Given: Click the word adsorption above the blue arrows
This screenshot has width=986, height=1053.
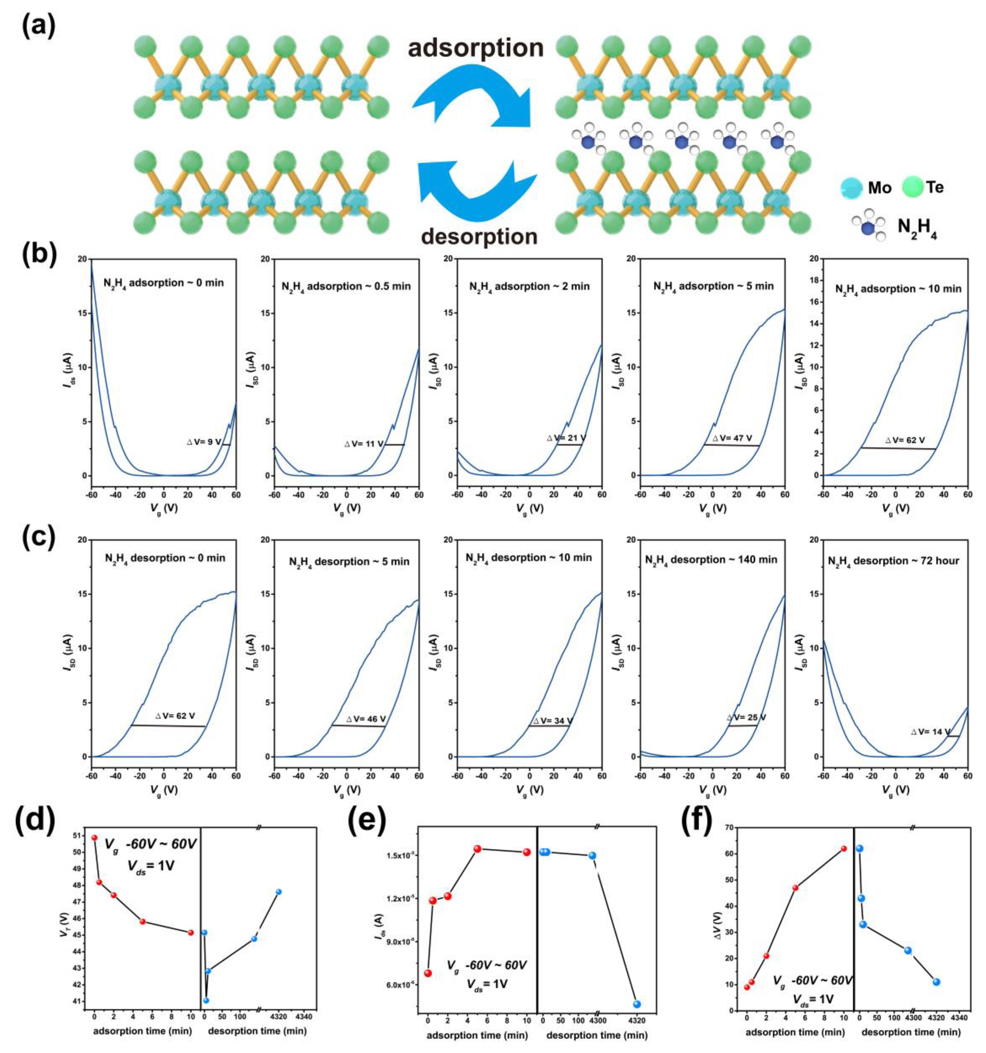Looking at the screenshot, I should click(475, 48).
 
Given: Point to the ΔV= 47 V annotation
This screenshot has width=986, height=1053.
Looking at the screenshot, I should click(732, 438).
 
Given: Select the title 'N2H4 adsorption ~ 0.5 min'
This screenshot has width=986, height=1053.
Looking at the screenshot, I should click(346, 286).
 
